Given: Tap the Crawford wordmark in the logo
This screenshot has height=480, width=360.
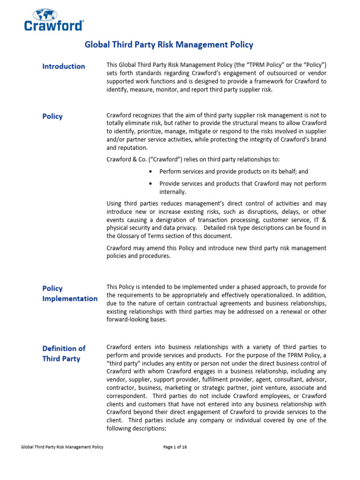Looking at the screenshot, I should [53, 25].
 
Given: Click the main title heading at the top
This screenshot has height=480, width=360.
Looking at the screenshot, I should [168, 45].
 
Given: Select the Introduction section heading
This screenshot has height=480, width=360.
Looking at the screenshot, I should [64, 66].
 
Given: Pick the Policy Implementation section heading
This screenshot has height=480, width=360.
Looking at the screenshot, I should [70, 293].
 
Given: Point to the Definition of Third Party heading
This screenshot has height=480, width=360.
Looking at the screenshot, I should [64, 353].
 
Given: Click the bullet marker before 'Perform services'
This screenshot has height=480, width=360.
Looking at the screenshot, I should [150, 172].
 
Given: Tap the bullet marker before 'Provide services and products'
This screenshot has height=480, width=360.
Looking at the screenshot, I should [150, 184].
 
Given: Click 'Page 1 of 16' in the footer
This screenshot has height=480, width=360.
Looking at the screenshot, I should [175, 447].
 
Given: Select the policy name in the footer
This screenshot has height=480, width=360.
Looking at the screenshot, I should [62, 447].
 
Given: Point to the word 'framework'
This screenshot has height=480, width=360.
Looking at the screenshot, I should [249, 82].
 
